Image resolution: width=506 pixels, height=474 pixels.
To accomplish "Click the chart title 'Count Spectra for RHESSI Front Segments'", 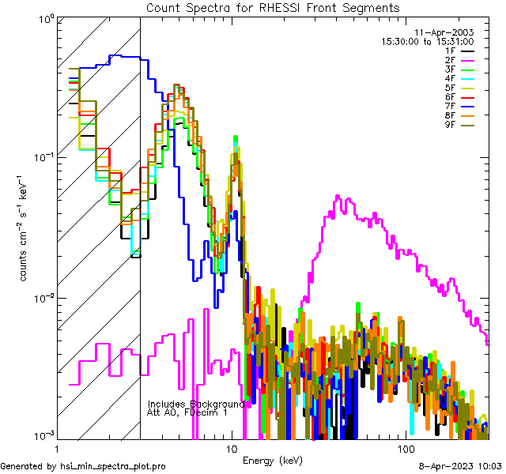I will point(273,7).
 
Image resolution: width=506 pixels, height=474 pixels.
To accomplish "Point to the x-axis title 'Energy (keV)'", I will point(272,460).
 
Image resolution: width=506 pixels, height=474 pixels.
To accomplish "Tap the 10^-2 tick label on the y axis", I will point(40,298).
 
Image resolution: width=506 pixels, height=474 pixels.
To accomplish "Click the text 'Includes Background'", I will point(196,404).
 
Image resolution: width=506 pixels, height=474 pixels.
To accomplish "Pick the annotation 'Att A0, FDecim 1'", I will point(187,412).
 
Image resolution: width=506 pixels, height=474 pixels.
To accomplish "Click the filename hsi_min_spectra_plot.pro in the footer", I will point(113,467).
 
